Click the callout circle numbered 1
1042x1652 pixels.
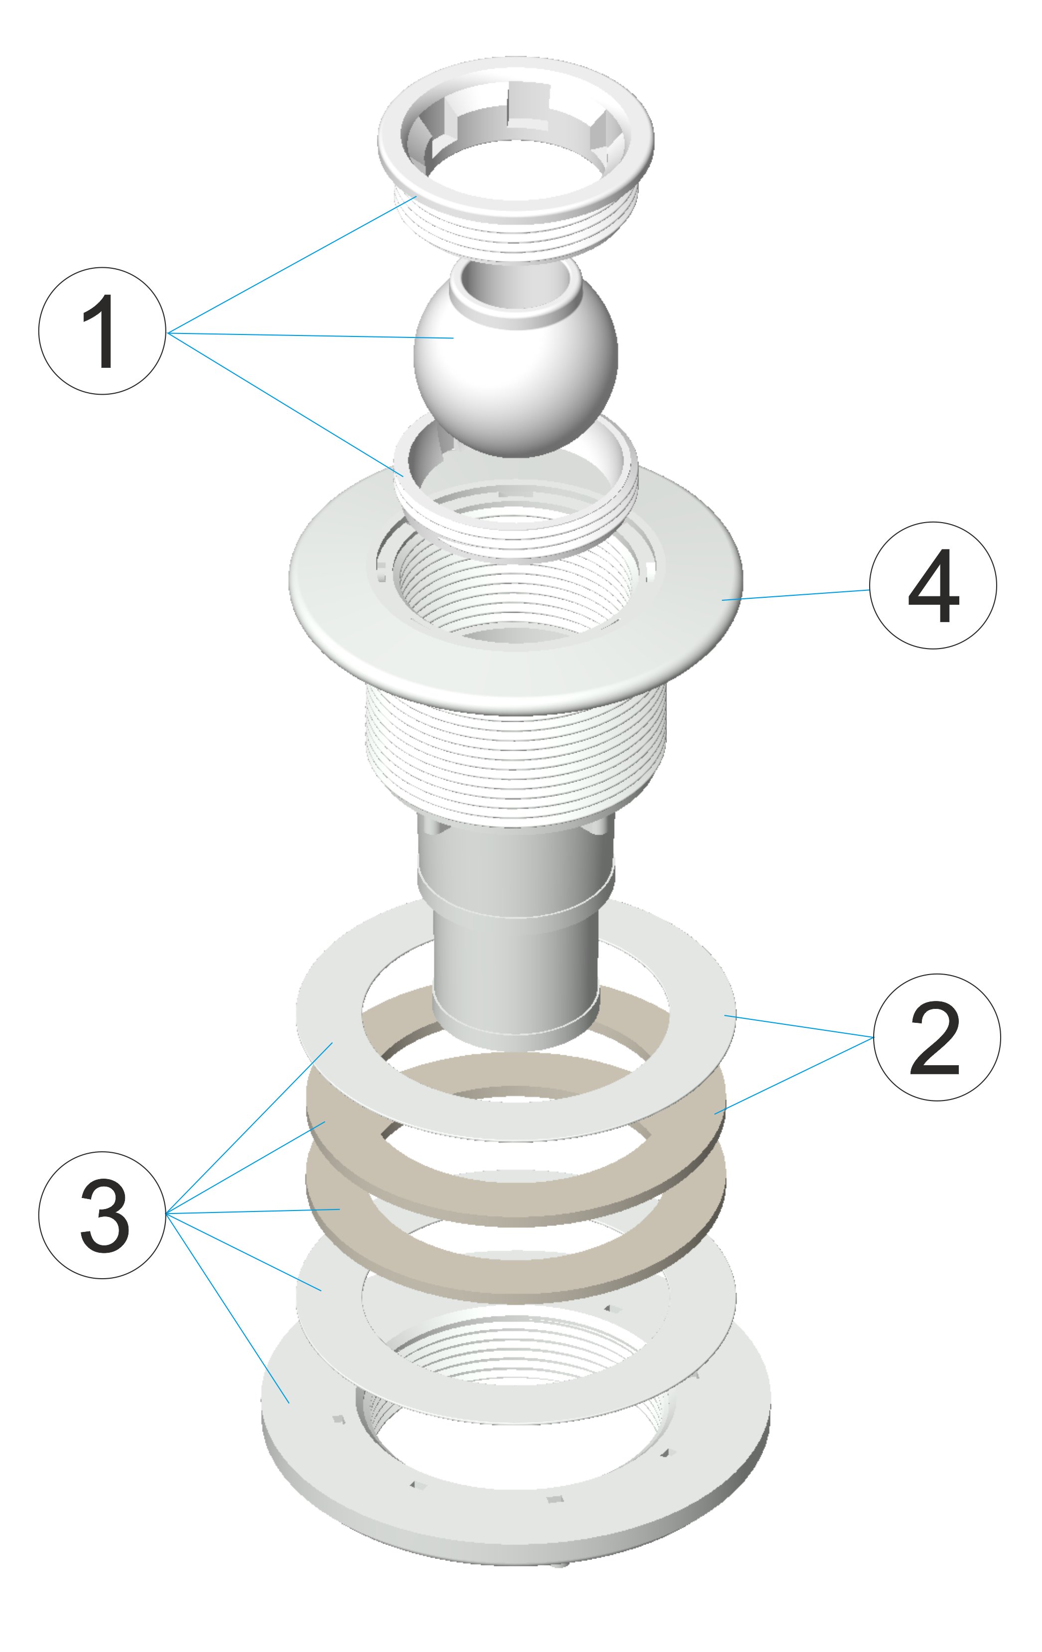point(102,330)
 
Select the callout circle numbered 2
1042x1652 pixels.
point(936,1037)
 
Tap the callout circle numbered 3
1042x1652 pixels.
point(102,1215)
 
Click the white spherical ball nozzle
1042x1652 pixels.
point(515,370)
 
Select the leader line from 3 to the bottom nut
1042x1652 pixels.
point(228,1308)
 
